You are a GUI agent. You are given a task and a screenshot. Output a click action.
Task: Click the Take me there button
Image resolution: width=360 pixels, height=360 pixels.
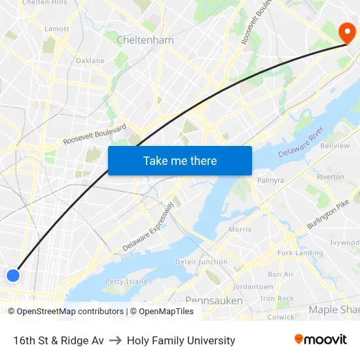click(x=180, y=160)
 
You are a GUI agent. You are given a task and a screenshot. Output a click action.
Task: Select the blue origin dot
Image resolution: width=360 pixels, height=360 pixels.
click(x=13, y=276)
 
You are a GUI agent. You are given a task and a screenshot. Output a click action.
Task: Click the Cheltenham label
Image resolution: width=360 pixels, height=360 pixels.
click(x=145, y=40)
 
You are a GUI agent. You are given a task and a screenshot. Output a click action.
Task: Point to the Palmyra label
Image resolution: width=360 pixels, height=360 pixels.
click(x=270, y=180)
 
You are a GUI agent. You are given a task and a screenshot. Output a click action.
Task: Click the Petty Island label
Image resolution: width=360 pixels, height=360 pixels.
click(x=126, y=281)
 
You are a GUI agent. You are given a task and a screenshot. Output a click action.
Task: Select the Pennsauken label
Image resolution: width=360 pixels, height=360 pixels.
click(x=214, y=300)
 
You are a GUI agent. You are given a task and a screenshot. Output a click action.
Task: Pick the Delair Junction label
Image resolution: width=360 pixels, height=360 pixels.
click(x=202, y=262)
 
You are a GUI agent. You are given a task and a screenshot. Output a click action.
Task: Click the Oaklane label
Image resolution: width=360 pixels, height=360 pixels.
click(x=90, y=60)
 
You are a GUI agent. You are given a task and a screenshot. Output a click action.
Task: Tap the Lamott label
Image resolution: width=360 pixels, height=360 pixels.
click(x=56, y=29)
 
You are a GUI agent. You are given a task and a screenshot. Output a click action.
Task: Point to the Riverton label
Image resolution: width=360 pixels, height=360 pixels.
click(x=330, y=177)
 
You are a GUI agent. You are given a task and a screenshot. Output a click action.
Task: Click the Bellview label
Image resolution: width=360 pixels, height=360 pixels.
click(x=334, y=145)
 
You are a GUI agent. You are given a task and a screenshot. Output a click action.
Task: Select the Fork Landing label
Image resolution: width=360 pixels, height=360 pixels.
click(x=300, y=253)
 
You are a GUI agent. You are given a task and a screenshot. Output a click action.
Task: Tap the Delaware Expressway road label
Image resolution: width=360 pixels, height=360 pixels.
click(x=149, y=227)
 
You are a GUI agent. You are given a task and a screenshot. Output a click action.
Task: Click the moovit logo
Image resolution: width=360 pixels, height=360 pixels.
click(x=320, y=339)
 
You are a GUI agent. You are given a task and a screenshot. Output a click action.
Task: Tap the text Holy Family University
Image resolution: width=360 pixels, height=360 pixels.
click(x=181, y=340)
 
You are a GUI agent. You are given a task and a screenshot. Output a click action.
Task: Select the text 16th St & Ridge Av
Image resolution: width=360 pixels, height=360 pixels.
click(x=58, y=340)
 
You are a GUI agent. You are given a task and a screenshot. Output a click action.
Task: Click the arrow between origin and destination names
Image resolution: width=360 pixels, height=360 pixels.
click(x=115, y=340)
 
